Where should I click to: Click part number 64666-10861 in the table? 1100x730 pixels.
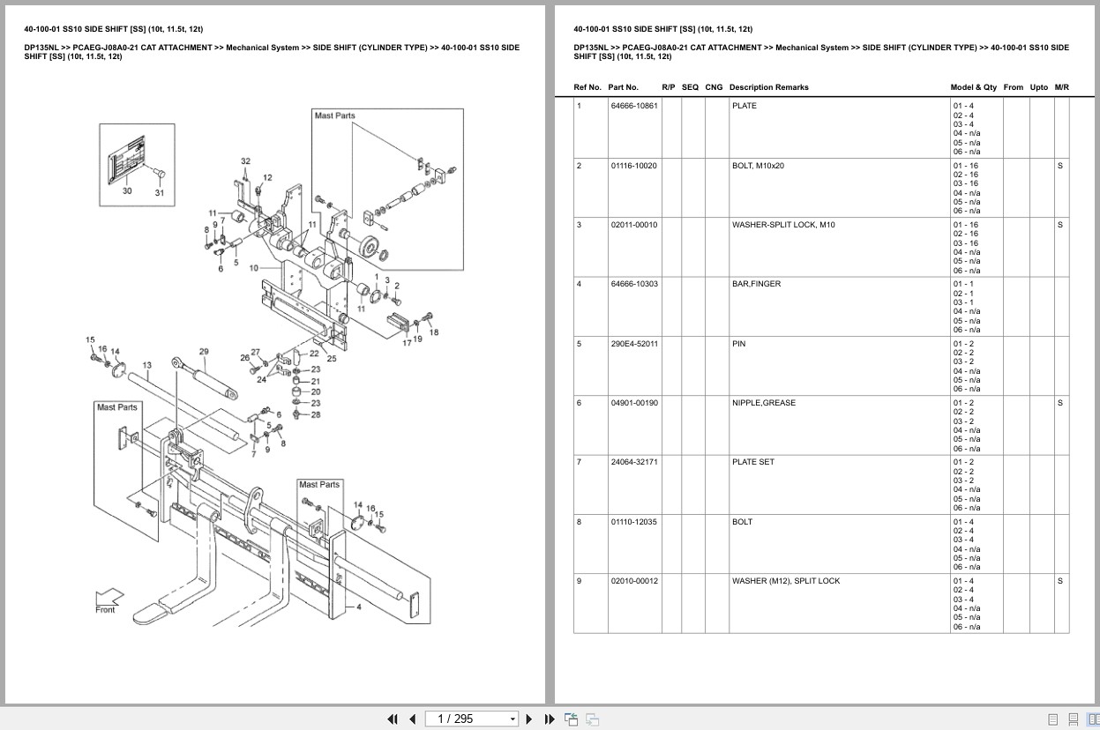click(x=633, y=106)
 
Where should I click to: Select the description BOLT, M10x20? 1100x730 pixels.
click(x=757, y=166)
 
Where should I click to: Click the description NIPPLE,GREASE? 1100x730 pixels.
click(x=763, y=403)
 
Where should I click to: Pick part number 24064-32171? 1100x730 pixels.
click(x=633, y=462)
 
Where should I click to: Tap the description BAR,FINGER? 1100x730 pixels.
click(x=755, y=284)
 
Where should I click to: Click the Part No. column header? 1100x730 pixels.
click(x=623, y=87)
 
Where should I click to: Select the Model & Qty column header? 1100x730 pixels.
click(x=973, y=87)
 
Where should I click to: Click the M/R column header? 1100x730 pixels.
click(x=1061, y=87)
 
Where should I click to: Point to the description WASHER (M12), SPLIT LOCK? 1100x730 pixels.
click(x=785, y=581)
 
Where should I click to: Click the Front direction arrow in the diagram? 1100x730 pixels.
click(x=106, y=600)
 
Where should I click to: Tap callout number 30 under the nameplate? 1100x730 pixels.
click(x=127, y=190)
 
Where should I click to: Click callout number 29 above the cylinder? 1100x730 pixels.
click(x=204, y=352)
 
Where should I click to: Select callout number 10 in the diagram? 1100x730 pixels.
click(x=253, y=267)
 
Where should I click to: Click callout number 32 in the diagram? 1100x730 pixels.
click(x=245, y=161)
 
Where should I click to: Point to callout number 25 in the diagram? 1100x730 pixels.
click(x=332, y=359)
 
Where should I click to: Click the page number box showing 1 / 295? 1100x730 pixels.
click(x=471, y=719)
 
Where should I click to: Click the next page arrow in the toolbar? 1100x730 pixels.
click(x=529, y=719)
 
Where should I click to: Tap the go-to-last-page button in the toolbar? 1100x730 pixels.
click(x=549, y=719)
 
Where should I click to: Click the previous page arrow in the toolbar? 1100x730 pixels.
click(x=412, y=719)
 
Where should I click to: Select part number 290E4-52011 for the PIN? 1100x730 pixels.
click(x=633, y=344)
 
